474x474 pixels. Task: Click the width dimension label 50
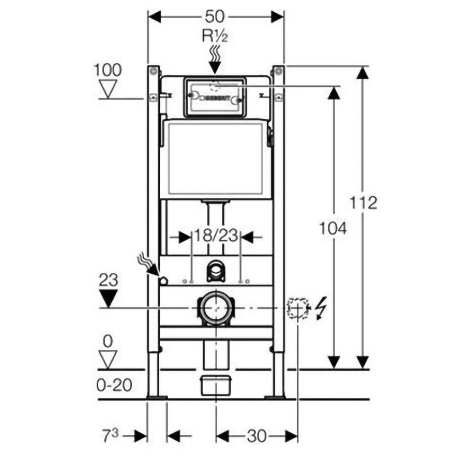click(216, 16)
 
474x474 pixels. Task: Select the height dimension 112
click(364, 202)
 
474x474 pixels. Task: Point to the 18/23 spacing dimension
click(216, 236)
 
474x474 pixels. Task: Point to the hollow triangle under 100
click(109, 89)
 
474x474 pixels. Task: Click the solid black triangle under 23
click(109, 299)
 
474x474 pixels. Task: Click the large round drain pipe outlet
click(216, 308)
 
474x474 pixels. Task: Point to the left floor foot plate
click(156, 397)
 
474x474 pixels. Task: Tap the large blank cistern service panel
click(216, 159)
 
